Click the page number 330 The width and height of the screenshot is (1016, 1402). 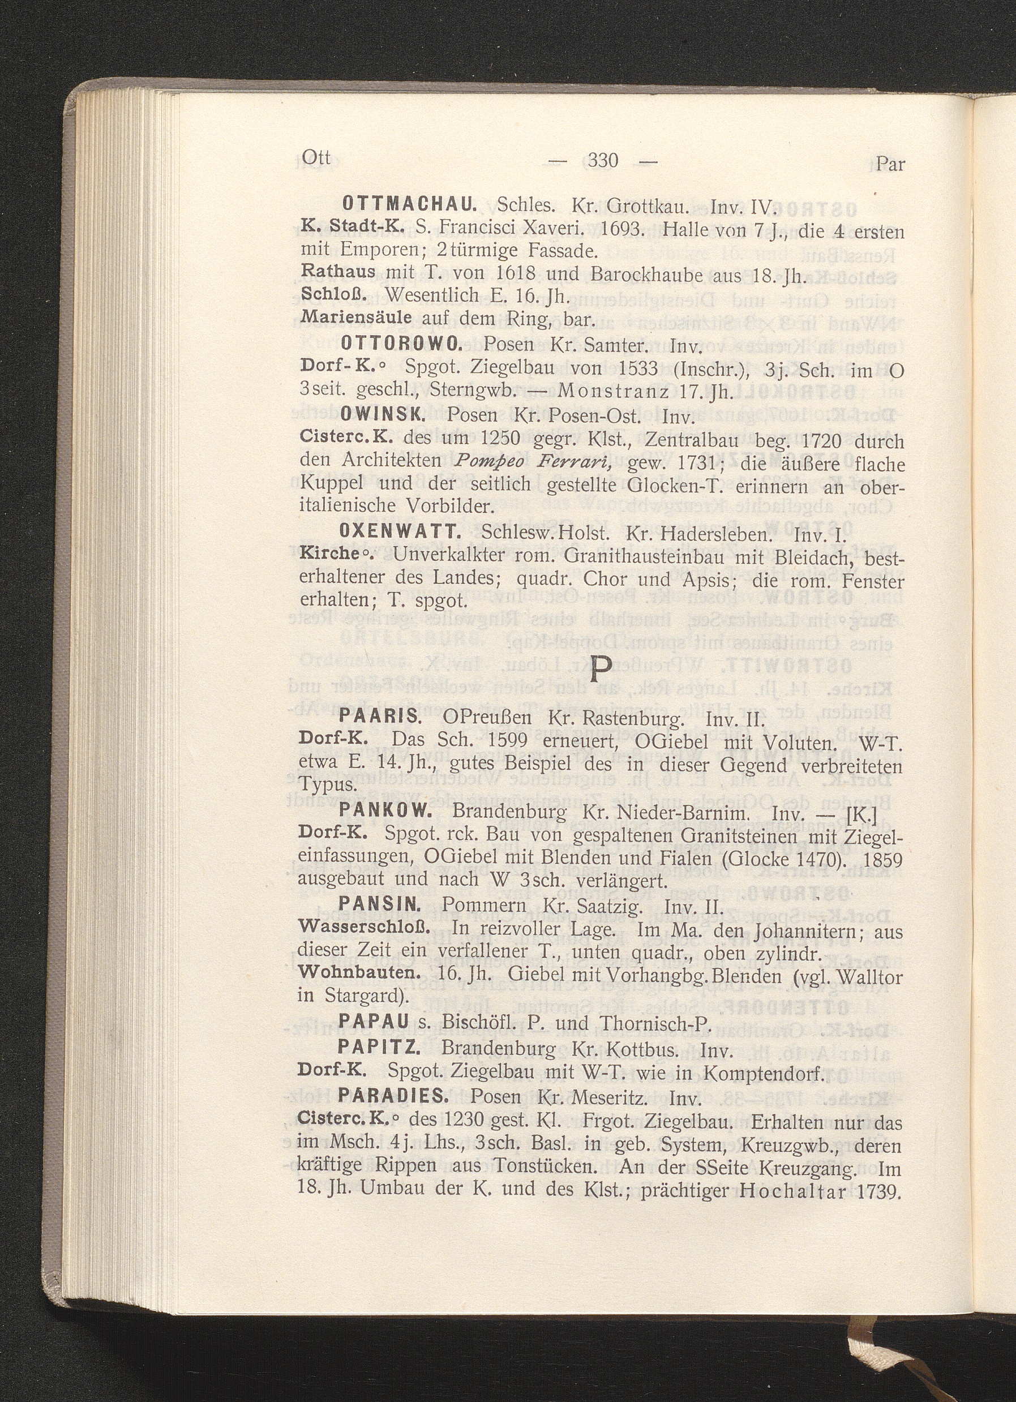[x=603, y=161]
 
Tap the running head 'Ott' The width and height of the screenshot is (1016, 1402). [x=316, y=158]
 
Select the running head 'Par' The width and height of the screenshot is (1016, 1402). [x=890, y=164]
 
